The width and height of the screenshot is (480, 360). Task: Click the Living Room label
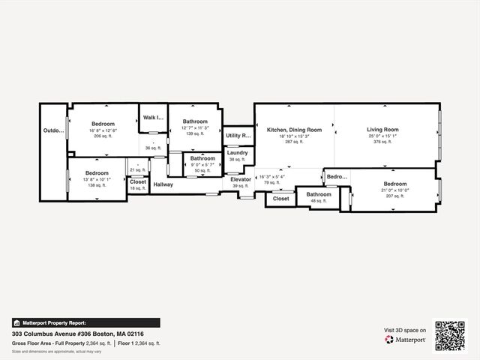(382, 130)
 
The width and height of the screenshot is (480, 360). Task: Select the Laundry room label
(237, 153)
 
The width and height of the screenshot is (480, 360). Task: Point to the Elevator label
(241, 179)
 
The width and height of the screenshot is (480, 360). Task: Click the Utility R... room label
(238, 136)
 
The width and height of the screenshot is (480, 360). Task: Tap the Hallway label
(163, 184)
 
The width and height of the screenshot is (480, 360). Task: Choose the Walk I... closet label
(154, 117)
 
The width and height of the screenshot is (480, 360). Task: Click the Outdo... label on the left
(53, 130)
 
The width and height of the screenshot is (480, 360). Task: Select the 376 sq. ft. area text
(382, 141)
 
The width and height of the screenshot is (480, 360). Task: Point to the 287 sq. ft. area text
(295, 141)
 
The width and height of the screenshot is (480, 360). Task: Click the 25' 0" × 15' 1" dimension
(382, 136)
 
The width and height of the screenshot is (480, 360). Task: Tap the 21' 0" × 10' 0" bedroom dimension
(394, 190)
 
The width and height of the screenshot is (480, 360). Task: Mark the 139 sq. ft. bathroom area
(195, 133)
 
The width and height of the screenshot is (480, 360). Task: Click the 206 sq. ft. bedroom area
(103, 136)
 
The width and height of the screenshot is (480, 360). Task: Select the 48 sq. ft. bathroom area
(319, 200)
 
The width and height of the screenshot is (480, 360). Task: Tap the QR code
(450, 335)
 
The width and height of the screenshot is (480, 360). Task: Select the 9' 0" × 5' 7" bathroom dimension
(202, 165)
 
